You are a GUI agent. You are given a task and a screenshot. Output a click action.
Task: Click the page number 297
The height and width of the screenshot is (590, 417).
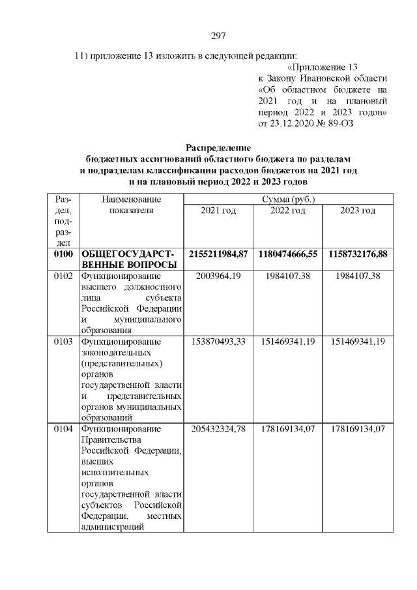pos(218,35)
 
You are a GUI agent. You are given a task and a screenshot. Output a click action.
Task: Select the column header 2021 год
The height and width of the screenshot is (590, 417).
pos(218,211)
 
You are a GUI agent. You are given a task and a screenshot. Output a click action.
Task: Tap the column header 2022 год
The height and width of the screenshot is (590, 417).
pos(288,211)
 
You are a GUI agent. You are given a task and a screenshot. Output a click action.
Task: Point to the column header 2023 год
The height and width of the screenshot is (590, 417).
pos(358,211)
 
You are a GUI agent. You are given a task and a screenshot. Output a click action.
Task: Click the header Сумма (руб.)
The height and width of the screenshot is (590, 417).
pos(287,199)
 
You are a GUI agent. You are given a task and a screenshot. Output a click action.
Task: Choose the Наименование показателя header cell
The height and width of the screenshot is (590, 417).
pos(131,205)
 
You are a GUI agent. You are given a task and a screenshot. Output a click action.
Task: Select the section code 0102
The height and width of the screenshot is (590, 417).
pos(63,276)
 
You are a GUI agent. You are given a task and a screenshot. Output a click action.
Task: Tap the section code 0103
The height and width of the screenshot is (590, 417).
pos(63,341)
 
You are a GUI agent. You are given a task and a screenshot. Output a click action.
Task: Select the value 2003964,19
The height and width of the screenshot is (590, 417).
pos(218,276)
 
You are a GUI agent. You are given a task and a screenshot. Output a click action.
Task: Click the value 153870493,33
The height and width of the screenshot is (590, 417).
pos(218,341)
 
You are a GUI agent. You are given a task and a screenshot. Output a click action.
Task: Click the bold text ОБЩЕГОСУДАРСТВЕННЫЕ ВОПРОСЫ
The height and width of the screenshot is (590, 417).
pos(129,258)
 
